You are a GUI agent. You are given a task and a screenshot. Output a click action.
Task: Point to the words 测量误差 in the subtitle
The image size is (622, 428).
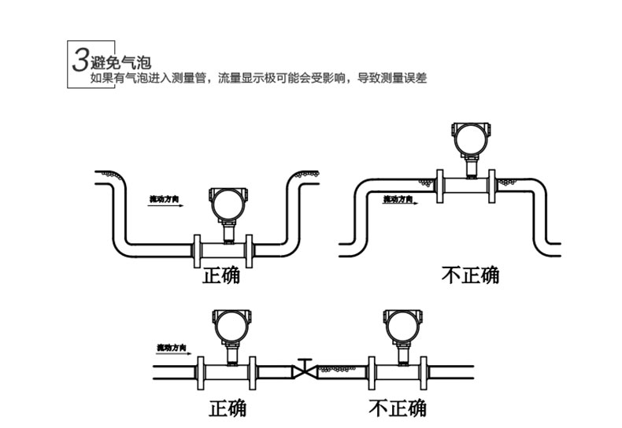pyautogui.click(x=405, y=79)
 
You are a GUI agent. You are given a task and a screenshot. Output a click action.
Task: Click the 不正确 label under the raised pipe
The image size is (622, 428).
pyautogui.click(x=469, y=275)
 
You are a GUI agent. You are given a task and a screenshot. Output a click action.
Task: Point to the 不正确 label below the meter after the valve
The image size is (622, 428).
pyautogui.click(x=398, y=408)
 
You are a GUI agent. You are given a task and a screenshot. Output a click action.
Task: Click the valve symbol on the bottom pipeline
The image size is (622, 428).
pyautogui.click(x=304, y=368)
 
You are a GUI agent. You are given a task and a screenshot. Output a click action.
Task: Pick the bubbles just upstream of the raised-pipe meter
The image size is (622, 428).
pyautogui.click(x=427, y=183)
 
